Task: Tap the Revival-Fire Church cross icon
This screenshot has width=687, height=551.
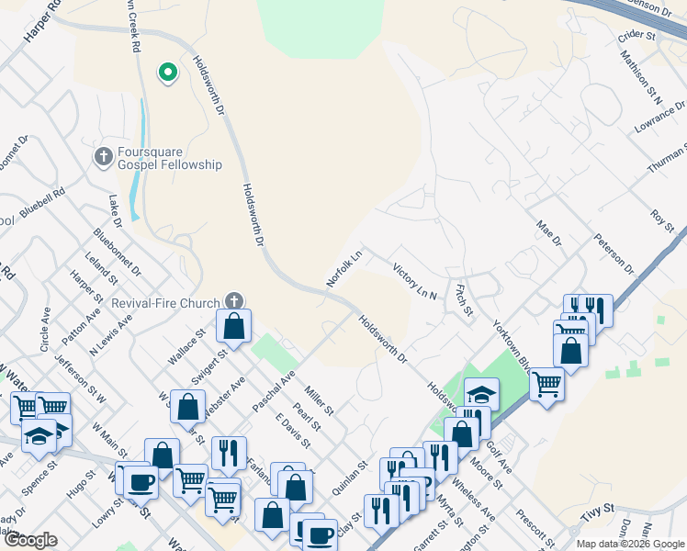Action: pos(234,301)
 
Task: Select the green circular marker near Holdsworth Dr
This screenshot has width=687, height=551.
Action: pos(167,71)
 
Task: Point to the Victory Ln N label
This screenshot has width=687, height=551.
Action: pos(414,282)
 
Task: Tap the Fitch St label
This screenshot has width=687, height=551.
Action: pos(463,299)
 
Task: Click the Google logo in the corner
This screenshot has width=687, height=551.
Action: pos(30,540)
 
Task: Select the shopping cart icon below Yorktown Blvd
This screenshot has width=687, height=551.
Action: pos(546,382)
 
